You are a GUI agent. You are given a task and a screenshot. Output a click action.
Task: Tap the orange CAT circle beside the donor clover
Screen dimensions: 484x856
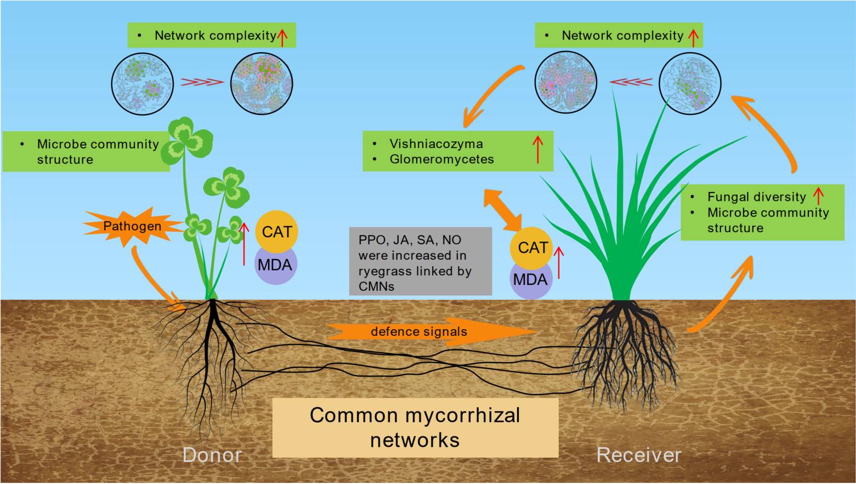[276, 232]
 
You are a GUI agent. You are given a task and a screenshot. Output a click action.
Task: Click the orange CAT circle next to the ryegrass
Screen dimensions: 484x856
[532, 247]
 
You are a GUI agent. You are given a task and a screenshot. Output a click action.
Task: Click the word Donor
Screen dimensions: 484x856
[212, 455]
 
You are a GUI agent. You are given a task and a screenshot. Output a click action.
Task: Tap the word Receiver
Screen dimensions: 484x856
[639, 455]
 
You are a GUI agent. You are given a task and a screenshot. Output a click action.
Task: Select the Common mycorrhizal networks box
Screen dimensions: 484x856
[415, 427]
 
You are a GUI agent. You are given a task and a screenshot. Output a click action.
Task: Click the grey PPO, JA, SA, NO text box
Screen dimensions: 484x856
[420, 262]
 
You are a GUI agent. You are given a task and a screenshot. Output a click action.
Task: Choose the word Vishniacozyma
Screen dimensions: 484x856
[436, 144]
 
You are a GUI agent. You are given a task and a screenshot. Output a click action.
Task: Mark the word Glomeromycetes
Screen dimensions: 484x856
[441, 159]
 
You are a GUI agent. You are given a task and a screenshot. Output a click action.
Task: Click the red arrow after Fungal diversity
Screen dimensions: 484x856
[819, 196]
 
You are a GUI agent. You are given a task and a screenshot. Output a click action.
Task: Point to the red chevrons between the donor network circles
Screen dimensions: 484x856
[202, 82]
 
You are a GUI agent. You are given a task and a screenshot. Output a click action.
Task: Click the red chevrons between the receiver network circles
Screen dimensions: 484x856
[631, 82]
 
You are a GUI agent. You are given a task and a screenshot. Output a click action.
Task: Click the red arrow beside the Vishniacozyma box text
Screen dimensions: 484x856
[538, 150]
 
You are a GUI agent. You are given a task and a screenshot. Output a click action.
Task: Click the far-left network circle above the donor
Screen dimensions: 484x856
[143, 84]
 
